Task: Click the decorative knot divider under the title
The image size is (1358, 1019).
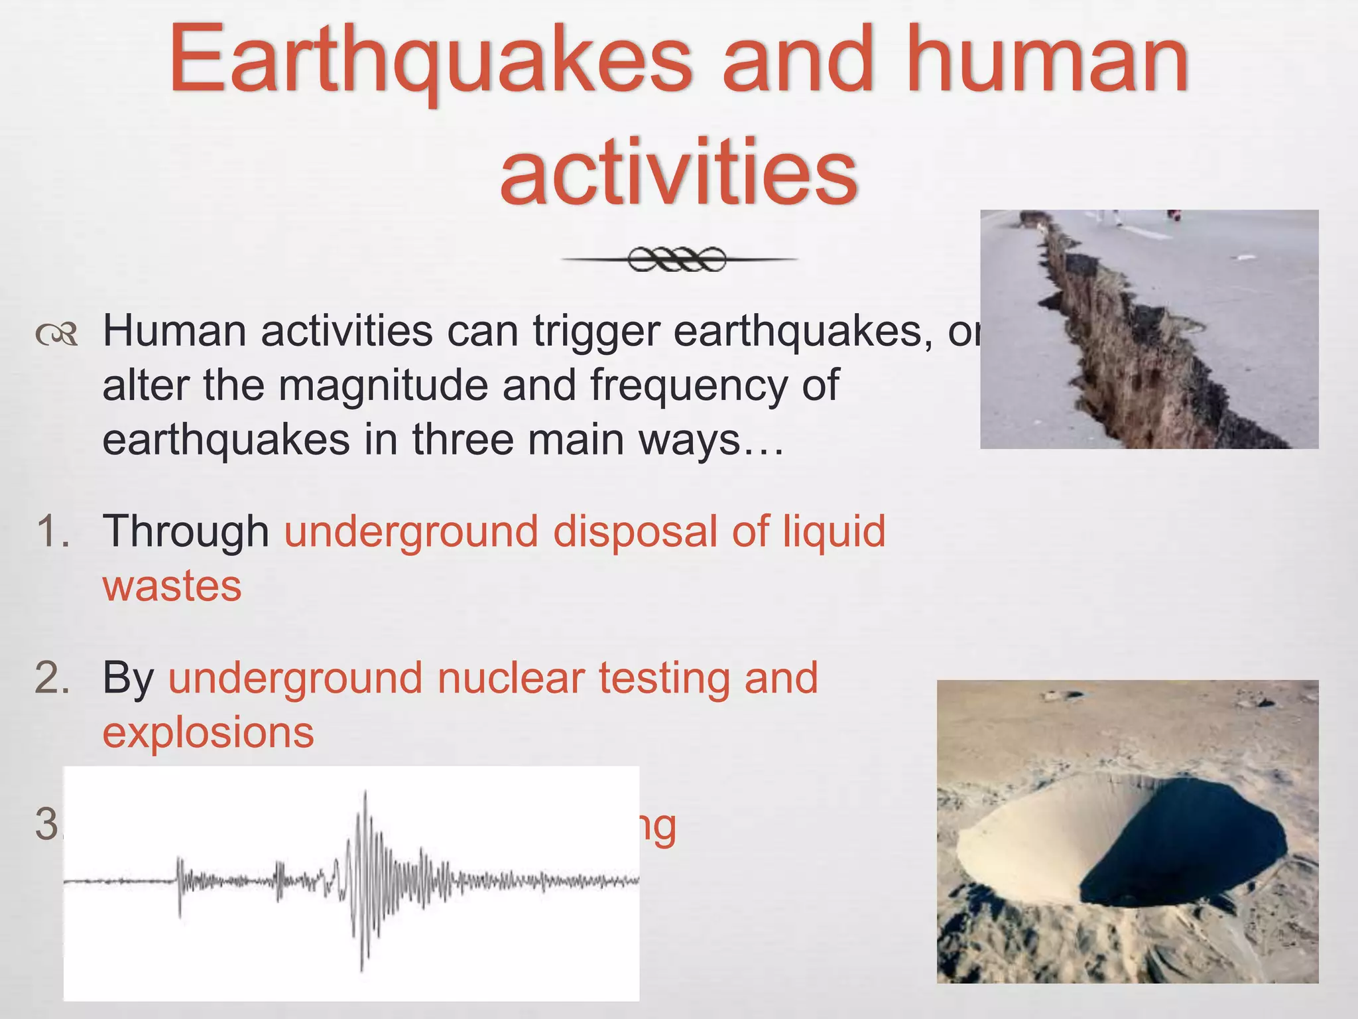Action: coord(678,259)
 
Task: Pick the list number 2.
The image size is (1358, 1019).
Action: coord(52,677)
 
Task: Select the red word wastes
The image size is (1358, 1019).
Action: coord(172,586)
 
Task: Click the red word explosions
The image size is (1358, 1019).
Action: coord(208,732)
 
